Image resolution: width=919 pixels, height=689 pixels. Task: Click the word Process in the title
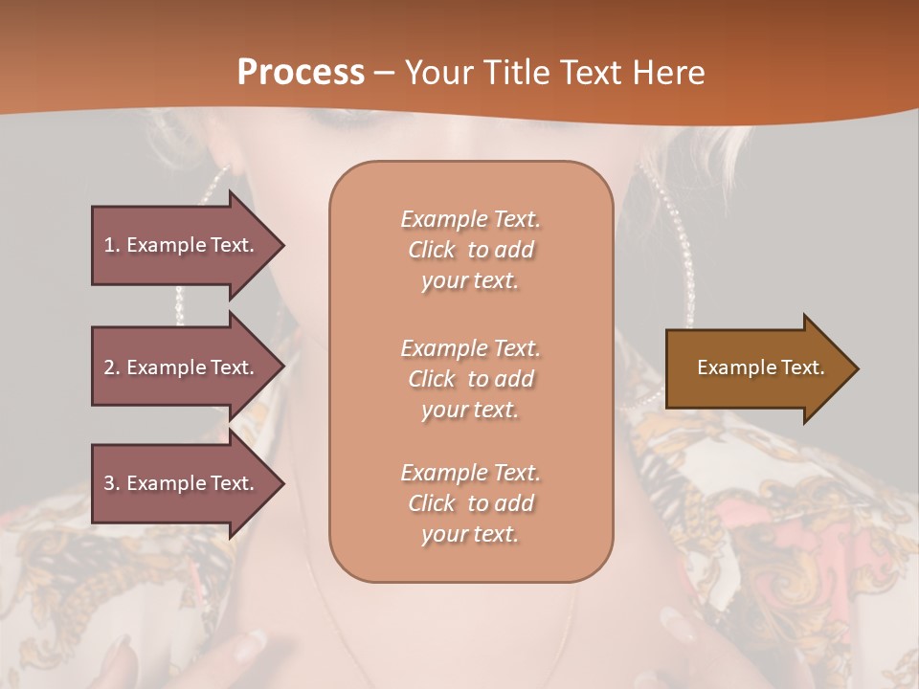(x=301, y=73)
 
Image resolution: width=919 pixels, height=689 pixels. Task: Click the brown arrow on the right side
(x=756, y=368)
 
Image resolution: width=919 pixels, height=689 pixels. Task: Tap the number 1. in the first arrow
(x=111, y=245)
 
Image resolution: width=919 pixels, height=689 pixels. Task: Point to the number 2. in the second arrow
(x=111, y=367)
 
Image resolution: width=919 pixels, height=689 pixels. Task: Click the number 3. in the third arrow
(x=111, y=483)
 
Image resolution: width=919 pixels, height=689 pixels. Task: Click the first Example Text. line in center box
(x=470, y=219)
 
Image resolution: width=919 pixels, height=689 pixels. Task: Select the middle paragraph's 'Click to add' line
(x=470, y=379)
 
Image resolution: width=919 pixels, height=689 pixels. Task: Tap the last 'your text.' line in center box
(x=470, y=534)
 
